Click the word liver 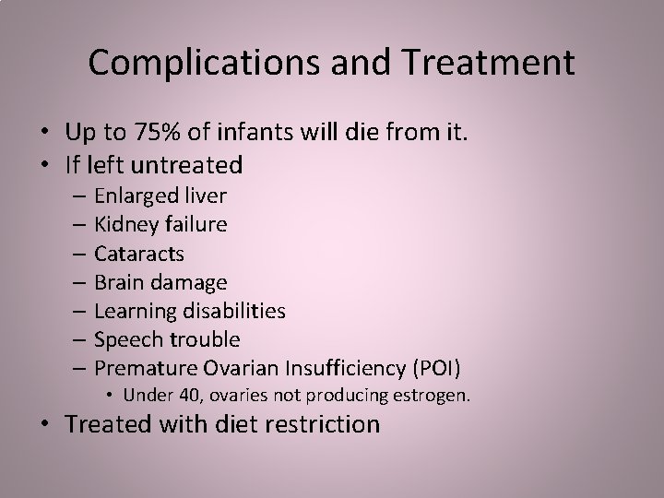[x=206, y=196]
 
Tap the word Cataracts [x=139, y=253]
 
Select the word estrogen [x=434, y=396]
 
